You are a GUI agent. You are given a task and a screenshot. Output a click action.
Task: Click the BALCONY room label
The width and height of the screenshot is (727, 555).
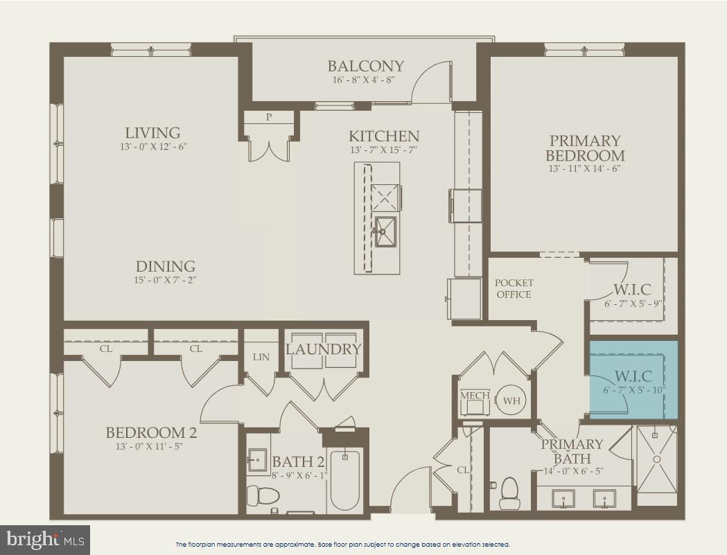[x=365, y=67]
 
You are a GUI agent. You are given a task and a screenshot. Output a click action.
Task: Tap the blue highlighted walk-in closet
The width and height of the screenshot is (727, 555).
[x=633, y=380]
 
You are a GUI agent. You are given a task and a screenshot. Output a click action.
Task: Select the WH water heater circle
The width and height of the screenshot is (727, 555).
[x=511, y=400]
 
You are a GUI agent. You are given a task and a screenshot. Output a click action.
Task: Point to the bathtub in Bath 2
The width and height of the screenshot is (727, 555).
[x=344, y=479]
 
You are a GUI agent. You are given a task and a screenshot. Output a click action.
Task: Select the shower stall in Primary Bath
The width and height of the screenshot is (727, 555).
[x=656, y=459]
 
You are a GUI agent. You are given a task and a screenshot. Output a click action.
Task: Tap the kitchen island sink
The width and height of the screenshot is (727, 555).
[x=385, y=231]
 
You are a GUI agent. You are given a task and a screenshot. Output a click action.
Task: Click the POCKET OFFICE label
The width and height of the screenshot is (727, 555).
[x=514, y=288]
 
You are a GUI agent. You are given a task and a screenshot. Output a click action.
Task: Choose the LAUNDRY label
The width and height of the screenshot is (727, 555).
[x=324, y=349]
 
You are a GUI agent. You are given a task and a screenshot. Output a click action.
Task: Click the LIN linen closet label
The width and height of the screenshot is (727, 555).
[x=261, y=356]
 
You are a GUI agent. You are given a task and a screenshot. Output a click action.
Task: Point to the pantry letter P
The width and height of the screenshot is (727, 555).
[x=269, y=118]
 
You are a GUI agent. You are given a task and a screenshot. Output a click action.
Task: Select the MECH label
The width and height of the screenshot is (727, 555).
[x=475, y=396]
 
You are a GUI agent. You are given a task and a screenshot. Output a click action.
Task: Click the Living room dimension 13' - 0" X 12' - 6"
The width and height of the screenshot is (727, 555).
[x=152, y=147]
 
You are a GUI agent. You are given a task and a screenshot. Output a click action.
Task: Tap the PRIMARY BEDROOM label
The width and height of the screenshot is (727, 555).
[x=584, y=148]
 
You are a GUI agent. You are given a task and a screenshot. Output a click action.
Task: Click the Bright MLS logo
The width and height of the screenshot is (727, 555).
[x=45, y=539]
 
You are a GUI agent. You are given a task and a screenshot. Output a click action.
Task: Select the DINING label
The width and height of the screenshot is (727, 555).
[x=165, y=266]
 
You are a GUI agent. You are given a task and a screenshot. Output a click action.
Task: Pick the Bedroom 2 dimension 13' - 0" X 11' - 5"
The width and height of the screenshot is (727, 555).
[x=151, y=446]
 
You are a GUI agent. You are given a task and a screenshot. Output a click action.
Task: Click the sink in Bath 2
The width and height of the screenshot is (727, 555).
[x=258, y=459]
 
